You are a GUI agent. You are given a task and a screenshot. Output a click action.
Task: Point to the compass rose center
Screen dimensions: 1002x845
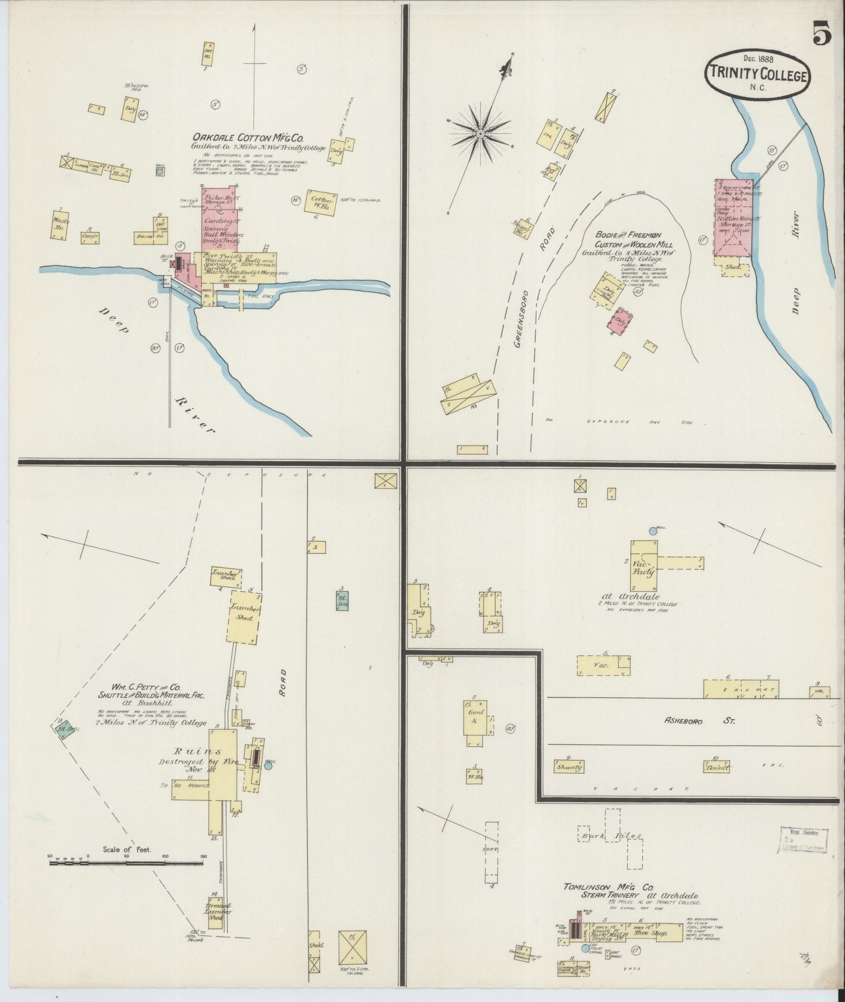pos(480,134)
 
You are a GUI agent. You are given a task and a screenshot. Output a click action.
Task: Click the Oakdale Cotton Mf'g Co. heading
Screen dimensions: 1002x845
pos(249,139)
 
